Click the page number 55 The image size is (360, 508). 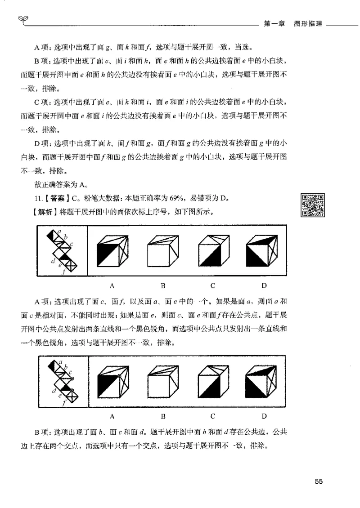coord(319,482)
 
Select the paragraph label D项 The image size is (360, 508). coord(44,144)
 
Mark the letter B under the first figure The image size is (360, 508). coord(163,285)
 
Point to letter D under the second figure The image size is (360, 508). coord(264,416)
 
